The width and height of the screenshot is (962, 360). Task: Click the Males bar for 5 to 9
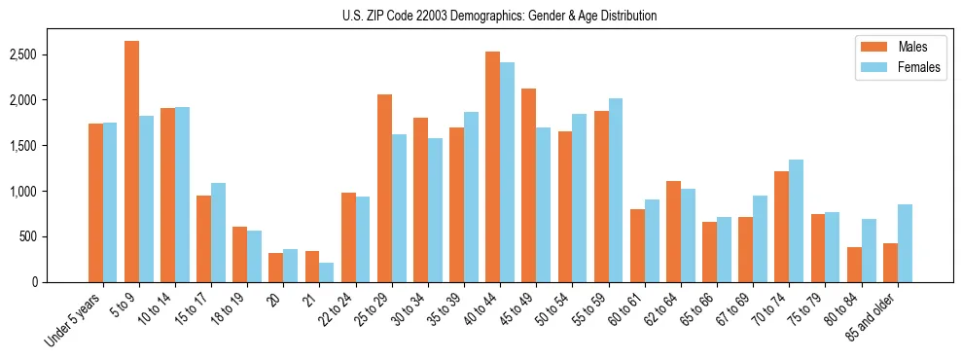[131, 162]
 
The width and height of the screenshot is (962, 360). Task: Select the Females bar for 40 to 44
[507, 172]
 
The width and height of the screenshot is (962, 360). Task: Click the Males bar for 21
[312, 267]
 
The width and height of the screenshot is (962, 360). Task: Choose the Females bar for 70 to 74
[797, 221]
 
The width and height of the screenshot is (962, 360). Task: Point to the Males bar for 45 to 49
[528, 185]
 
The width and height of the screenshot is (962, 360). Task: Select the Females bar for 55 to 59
[616, 190]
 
